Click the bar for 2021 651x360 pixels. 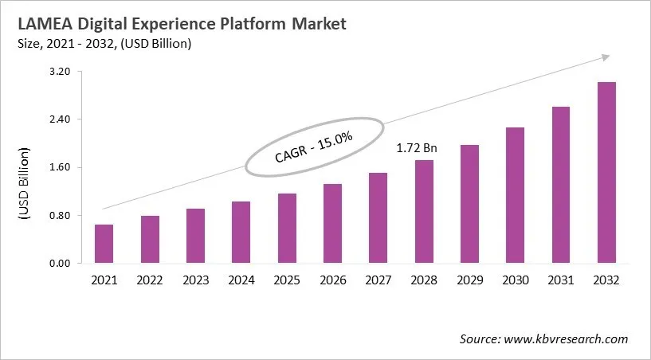pos(104,244)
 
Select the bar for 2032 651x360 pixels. pos(606,173)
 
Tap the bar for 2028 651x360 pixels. pos(424,212)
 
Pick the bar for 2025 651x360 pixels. pos(287,229)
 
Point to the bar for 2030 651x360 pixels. pos(515,195)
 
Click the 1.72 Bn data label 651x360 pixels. pos(417,148)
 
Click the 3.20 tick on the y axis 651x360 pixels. pos(61,72)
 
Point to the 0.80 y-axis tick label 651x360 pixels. pos(61,215)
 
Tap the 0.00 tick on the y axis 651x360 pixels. pos(61,264)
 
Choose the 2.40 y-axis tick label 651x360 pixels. pos(61,119)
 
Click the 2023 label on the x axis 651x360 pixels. pos(195,280)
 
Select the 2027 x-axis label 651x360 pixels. pos(378,280)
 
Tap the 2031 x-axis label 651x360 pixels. pos(561,280)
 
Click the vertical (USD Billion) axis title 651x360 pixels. pos(24,183)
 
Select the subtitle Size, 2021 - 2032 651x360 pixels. pos(67,44)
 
